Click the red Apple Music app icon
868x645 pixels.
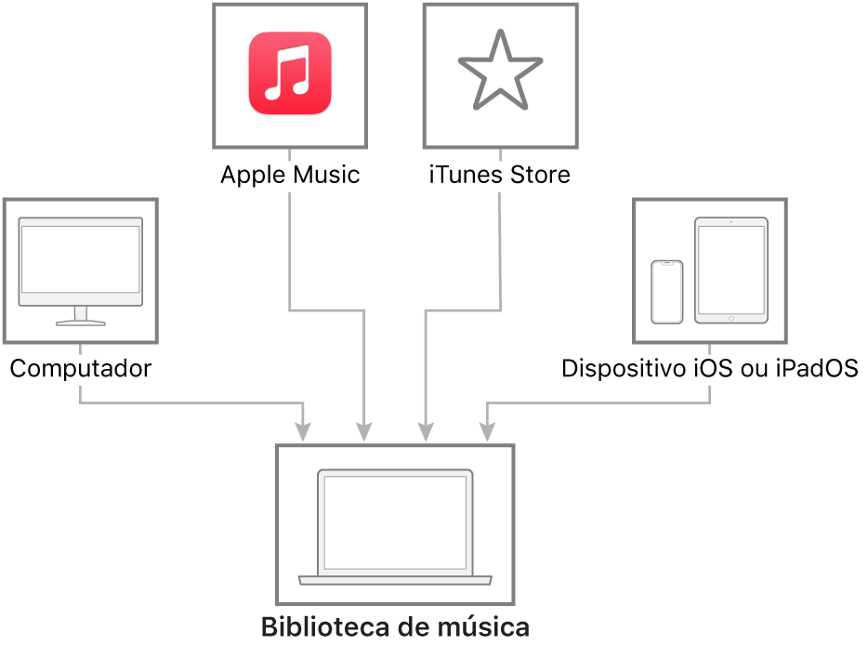tap(290, 73)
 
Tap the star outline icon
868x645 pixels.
tap(500, 71)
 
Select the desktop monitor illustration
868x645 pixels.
tap(81, 270)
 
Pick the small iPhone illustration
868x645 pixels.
tap(666, 292)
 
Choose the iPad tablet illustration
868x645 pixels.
tap(731, 270)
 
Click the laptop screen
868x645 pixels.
tap(394, 521)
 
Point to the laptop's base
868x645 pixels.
tap(394, 580)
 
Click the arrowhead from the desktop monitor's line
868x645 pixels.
tap(303, 432)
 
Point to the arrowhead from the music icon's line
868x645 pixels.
tap(363, 432)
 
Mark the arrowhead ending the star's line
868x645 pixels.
tap(426, 432)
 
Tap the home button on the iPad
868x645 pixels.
tap(731, 318)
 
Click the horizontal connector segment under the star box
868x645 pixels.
tap(463, 309)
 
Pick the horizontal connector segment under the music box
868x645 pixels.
tap(326, 309)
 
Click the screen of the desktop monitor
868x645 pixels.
tap(81, 259)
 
